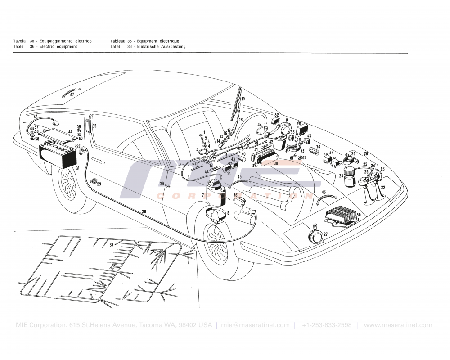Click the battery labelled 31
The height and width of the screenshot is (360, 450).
tap(57, 154)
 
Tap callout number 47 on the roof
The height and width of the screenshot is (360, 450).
tap(72, 94)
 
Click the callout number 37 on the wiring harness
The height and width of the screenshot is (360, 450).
tap(112, 245)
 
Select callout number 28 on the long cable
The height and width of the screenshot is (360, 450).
tap(144, 211)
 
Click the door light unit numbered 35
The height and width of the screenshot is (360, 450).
tap(88, 126)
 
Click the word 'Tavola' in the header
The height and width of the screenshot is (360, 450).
tap(20, 41)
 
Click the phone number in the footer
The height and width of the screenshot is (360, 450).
tap(327, 325)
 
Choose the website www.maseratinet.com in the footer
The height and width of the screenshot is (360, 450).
tap(398, 325)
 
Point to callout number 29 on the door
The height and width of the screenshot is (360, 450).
tap(99, 184)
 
